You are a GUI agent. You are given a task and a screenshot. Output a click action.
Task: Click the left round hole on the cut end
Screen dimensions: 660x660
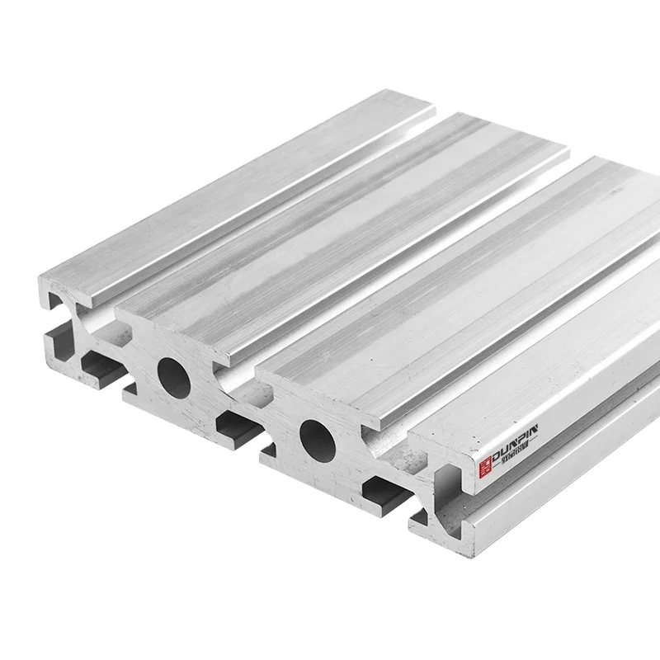[172, 374]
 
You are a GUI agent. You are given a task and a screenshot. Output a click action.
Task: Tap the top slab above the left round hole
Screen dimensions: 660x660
[330, 231]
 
